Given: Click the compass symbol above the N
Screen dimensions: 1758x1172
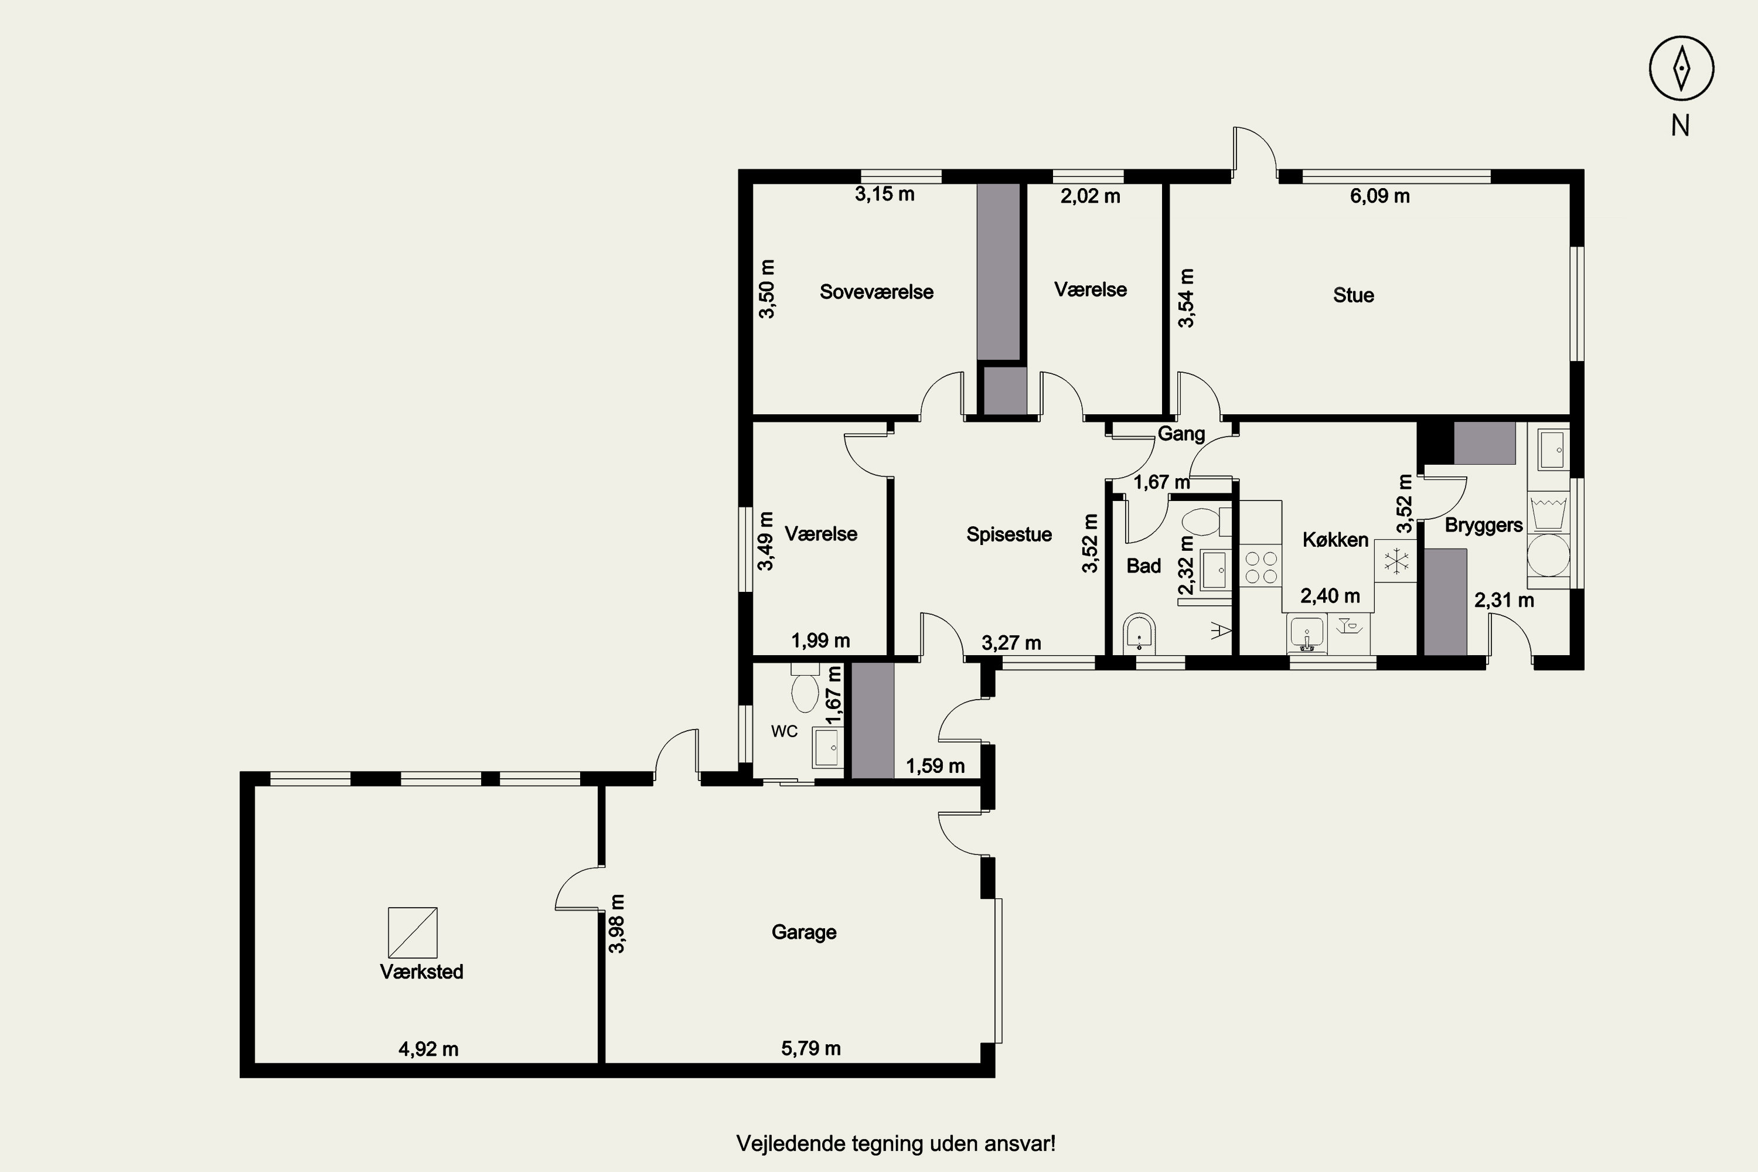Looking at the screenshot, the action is coord(1681,67).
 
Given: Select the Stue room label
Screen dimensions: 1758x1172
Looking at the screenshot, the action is coord(1353,295).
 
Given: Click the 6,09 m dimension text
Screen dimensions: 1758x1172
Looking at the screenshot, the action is coord(1380,196).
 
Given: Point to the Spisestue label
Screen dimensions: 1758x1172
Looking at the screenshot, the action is coord(1009,534).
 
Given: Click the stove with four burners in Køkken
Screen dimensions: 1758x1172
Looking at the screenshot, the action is coord(1260,567).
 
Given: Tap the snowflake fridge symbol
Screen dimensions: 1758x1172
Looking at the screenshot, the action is coord(1395,561).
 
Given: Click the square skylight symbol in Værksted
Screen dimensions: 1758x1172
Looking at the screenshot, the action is coord(413,932).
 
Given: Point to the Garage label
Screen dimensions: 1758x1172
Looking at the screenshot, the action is coord(803,932).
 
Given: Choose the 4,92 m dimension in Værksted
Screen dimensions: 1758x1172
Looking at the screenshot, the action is coord(428,1049).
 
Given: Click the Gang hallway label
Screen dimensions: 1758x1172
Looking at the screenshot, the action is coord(1181,434).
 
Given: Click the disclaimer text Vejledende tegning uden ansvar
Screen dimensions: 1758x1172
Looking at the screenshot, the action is coord(895,1144).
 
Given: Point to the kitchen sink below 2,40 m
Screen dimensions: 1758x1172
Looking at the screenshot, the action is coord(1307,635).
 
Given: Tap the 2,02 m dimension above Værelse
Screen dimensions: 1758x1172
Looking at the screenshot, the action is coord(1091,196).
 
